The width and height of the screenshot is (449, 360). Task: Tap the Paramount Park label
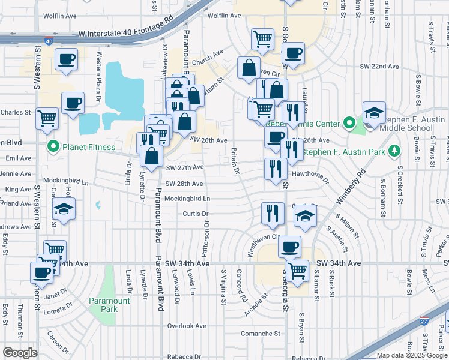[x=109, y=305]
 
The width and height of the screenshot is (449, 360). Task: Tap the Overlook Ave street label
[x=187, y=326]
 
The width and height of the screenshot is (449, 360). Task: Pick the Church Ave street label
[x=208, y=60]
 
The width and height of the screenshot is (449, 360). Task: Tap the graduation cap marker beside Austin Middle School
[x=373, y=113]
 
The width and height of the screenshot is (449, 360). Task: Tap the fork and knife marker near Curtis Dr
[x=273, y=213]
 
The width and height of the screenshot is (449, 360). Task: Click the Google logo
[x=20, y=353]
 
